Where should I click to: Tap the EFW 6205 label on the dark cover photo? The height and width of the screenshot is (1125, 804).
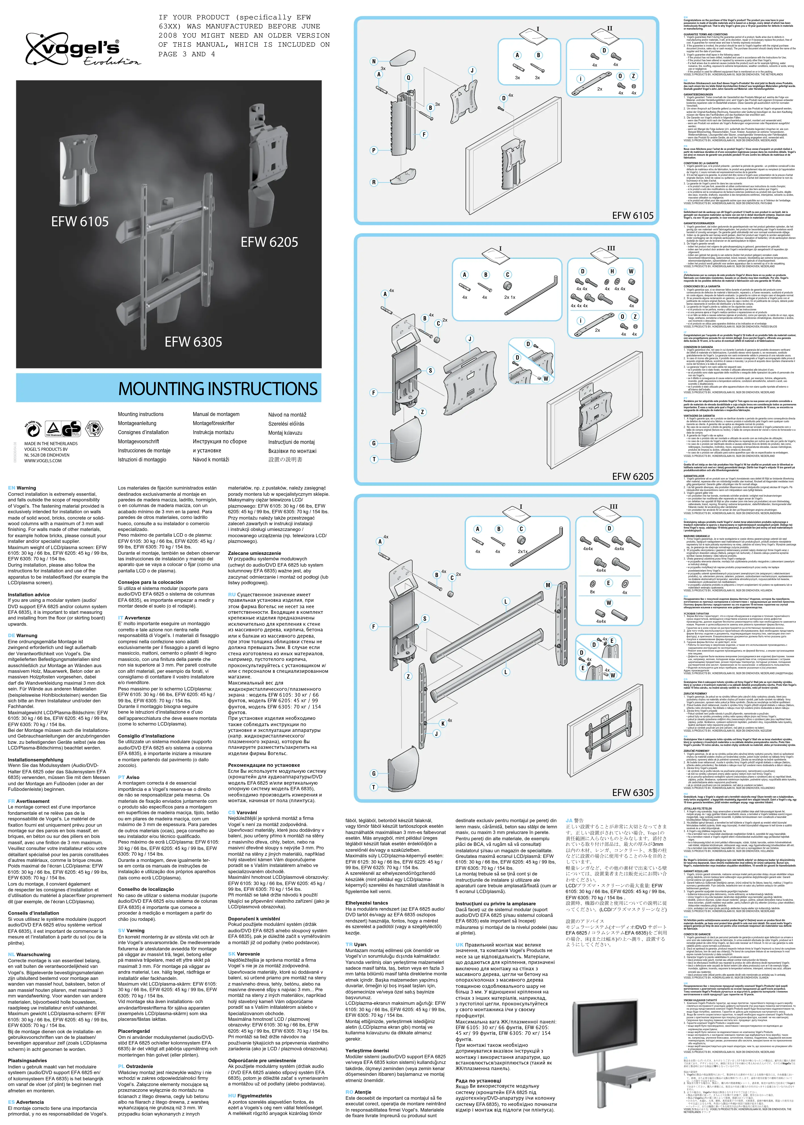click(269, 242)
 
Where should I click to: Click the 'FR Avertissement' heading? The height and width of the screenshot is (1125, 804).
click(29, 801)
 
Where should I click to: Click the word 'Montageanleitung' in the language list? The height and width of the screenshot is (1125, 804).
click(137, 423)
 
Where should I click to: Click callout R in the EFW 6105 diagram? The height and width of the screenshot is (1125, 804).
click(374, 182)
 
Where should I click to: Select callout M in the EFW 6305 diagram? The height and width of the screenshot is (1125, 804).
click(548, 585)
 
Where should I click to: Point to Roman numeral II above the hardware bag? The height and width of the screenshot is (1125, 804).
click(610, 28)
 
